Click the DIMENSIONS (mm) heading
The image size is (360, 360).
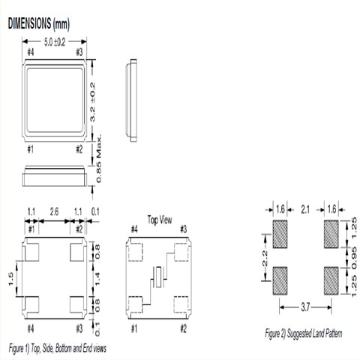[x=39, y=24]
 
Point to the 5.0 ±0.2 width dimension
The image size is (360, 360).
[x=55, y=42]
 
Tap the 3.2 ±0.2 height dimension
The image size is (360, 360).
[x=92, y=102]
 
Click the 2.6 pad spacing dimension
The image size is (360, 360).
[x=54, y=212]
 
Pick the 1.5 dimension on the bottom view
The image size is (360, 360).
[x=10, y=279]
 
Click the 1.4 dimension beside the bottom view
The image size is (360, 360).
[x=97, y=279]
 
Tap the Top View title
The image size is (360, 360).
[x=160, y=220]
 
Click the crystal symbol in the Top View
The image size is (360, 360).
[x=158, y=277]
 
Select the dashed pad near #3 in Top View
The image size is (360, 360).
[x=181, y=252]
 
